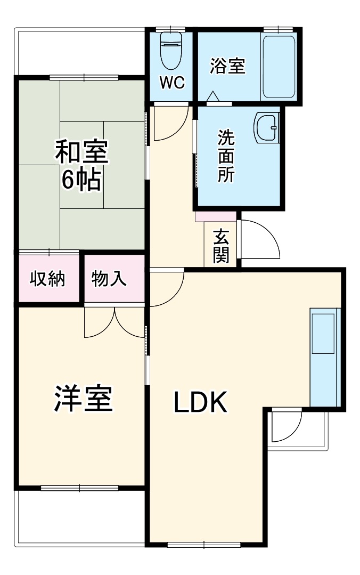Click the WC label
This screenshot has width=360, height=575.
point(172,83)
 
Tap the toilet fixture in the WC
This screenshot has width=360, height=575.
point(171,51)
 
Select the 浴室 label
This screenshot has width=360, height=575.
point(227,66)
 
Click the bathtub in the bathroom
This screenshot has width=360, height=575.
point(279,66)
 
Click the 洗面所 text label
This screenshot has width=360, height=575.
point(226,157)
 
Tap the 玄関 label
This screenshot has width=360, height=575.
point(221,246)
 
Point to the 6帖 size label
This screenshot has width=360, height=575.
point(81,181)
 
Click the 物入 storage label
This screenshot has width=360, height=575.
point(109,279)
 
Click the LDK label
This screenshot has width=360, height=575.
point(201,403)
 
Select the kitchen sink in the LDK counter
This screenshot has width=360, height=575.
point(323,333)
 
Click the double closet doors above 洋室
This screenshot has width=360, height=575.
point(114,322)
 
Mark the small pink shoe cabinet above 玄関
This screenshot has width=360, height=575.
point(216,216)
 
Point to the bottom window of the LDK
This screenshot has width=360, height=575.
point(204,545)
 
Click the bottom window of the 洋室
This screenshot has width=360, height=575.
point(79,487)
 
